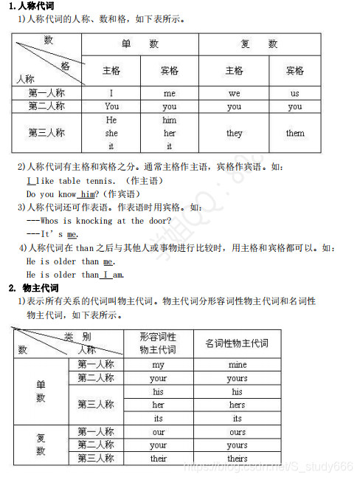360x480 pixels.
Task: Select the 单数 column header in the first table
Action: tap(140, 44)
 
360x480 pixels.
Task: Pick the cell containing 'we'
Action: tap(234, 94)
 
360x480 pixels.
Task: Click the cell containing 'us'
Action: tap(295, 94)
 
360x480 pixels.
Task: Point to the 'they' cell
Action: tap(234, 134)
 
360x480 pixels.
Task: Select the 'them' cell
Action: tap(295, 134)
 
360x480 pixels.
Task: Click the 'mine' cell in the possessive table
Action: tap(238, 365)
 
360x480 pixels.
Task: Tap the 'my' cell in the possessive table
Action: tap(159, 365)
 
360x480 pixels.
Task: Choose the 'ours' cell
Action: tap(238, 432)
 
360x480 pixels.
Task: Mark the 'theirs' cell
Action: tap(238, 459)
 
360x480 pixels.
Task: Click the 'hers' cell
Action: tap(238, 405)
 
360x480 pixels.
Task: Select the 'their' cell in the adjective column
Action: tap(159, 459)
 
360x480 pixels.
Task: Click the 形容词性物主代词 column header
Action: tap(159, 343)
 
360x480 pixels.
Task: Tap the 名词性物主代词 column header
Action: tap(238, 343)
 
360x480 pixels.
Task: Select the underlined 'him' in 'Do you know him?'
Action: tap(89, 194)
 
